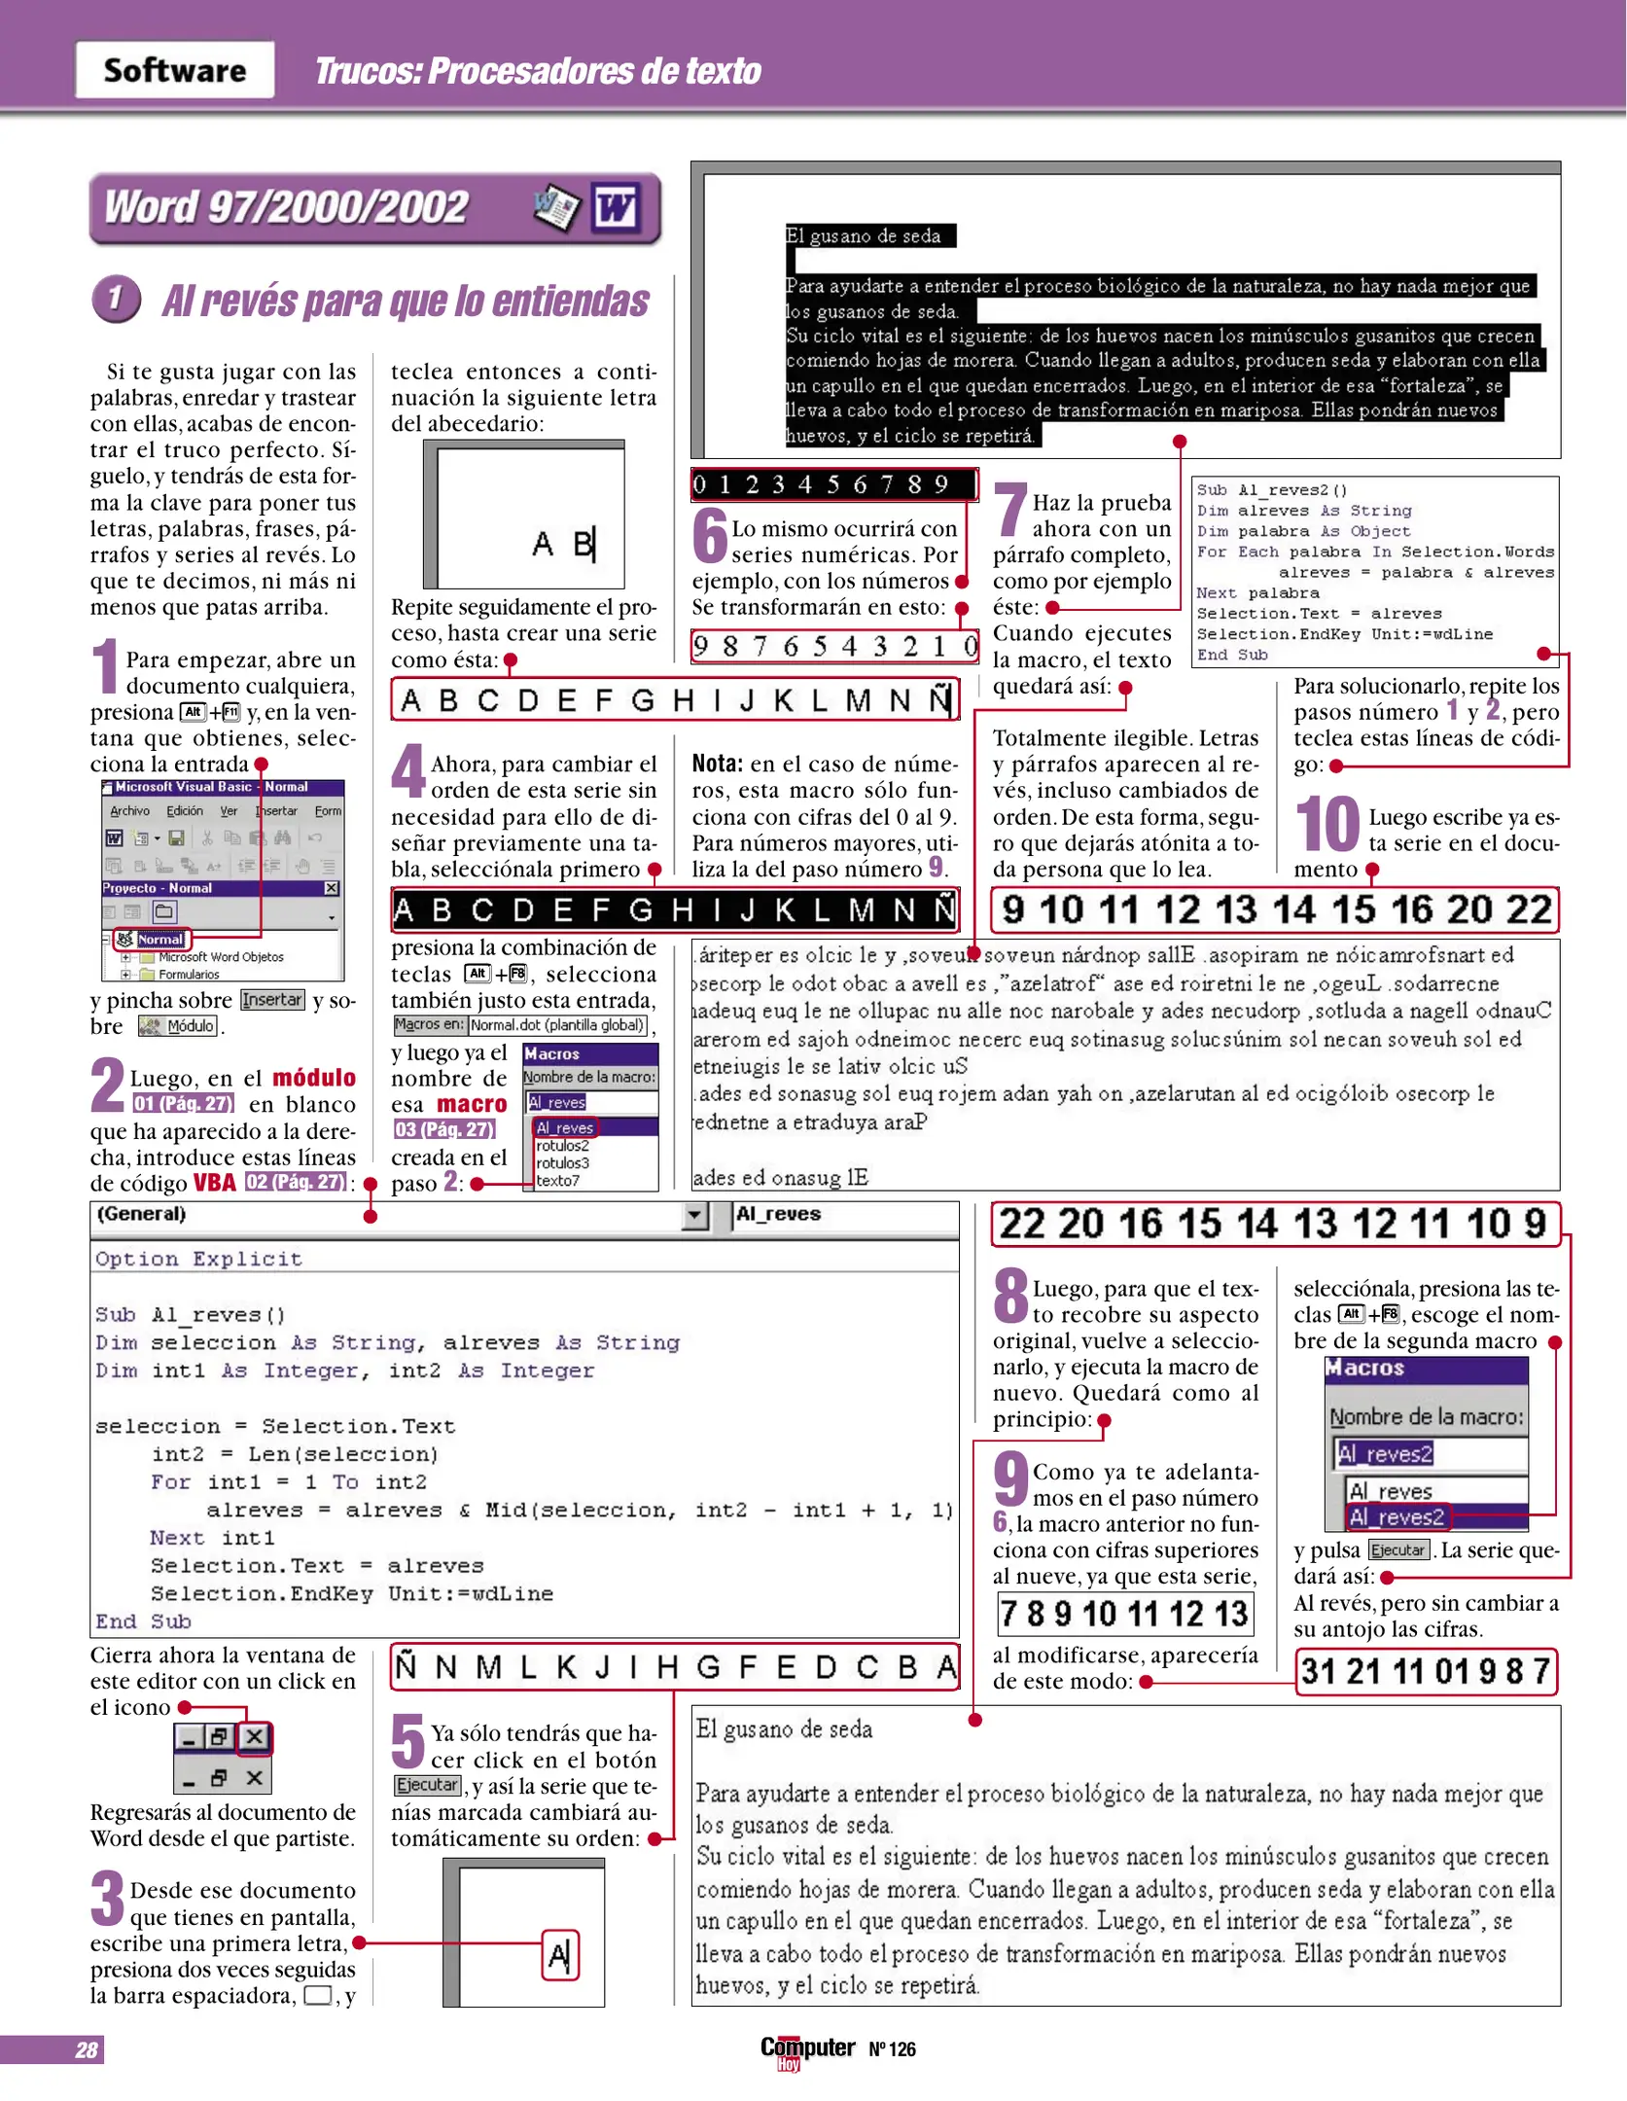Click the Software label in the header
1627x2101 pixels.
[175, 70]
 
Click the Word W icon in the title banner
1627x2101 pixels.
[616, 207]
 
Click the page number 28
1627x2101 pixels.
[87, 2049]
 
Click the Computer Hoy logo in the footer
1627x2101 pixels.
[807, 2050]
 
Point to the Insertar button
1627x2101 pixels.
[272, 1000]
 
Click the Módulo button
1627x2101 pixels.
[177, 1026]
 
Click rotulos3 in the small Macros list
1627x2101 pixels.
[563, 1162]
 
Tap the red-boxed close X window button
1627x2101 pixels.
[254, 1736]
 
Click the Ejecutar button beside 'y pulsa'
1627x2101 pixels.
[1397, 1549]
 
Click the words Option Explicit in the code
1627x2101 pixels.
[199, 1259]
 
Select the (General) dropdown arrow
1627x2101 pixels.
[694, 1215]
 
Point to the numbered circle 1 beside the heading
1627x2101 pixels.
[117, 300]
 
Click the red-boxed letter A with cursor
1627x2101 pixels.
[560, 1955]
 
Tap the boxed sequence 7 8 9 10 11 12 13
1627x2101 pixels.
[1124, 1614]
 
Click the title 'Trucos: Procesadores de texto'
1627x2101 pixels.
[538, 71]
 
